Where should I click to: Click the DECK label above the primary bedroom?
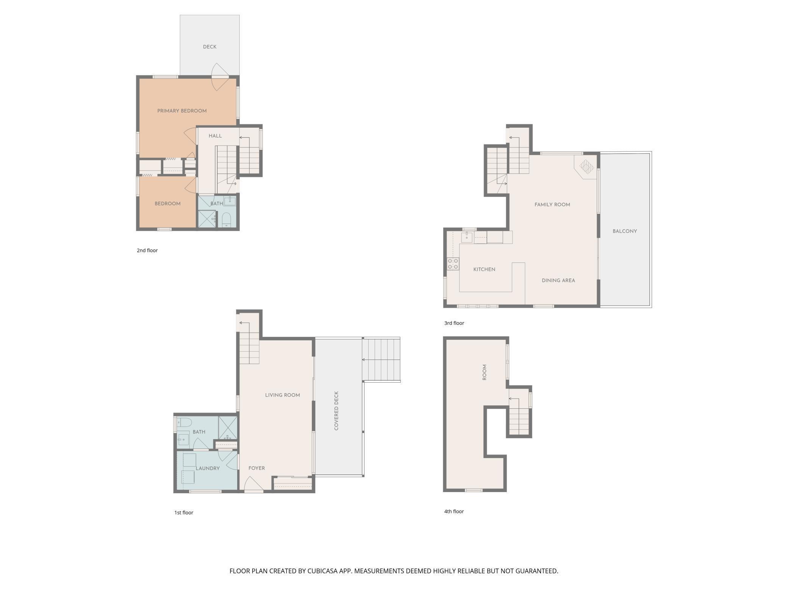coord(210,47)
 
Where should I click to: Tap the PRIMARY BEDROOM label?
coord(182,111)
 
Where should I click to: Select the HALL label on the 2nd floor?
coord(215,136)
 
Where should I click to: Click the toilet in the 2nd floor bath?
coord(227,219)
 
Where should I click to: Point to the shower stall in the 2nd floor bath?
coord(207,219)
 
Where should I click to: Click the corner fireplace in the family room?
coord(586,166)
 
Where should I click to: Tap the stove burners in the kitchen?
coord(453,264)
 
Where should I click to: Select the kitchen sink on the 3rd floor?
coord(467,238)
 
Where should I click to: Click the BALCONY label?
coord(625,231)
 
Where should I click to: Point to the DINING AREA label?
coord(558,280)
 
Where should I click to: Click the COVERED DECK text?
coord(336,411)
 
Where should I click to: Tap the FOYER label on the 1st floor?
coord(256,468)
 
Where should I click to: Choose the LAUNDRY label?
coord(208,468)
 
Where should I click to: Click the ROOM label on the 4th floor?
coord(484,372)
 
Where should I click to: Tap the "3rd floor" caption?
coord(454,323)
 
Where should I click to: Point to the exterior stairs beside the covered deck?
coord(381,360)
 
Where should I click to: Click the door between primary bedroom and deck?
coord(220,77)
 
